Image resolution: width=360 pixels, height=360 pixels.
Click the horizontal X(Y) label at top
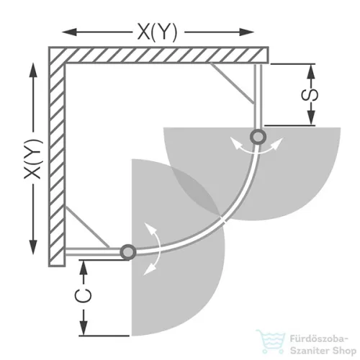click(x=158, y=32)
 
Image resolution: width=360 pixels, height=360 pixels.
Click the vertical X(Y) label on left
click(x=33, y=158)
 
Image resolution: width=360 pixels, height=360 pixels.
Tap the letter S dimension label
click(x=310, y=95)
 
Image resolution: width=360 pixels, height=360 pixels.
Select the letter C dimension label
click(x=84, y=296)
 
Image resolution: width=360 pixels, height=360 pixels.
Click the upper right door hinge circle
click(x=258, y=137)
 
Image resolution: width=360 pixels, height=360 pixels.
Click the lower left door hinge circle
click(x=128, y=252)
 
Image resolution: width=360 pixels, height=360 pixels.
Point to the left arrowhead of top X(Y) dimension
click(x=69, y=32)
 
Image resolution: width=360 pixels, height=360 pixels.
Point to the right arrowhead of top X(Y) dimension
click(x=246, y=32)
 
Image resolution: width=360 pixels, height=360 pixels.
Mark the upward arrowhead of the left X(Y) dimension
click(x=33, y=70)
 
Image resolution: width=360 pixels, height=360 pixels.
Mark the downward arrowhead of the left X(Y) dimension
click(x=33, y=247)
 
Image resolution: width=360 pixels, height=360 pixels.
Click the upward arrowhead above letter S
click(x=311, y=71)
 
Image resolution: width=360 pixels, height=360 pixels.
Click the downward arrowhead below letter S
click(x=311, y=117)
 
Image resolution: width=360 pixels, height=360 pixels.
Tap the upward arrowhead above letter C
click(x=84, y=268)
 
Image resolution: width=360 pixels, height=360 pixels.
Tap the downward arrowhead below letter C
click(x=84, y=328)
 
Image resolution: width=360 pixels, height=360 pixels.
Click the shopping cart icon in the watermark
click(x=271, y=341)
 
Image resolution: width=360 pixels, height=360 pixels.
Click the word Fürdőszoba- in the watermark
click(x=319, y=339)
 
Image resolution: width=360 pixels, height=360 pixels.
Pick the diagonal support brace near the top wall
click(x=232, y=84)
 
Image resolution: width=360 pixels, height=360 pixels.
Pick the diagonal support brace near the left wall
click(x=87, y=227)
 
